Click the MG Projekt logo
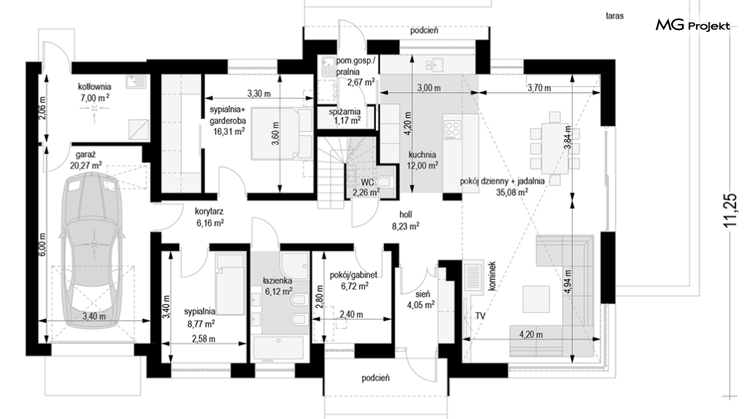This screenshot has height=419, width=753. [693, 26]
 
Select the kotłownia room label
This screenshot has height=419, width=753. [94, 87]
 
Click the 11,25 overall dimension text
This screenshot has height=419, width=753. [730, 209]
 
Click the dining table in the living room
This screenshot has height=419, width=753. [554, 149]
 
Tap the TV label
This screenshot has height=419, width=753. [480, 316]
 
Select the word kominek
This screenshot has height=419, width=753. [492, 276]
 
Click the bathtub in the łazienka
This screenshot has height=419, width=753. [278, 349]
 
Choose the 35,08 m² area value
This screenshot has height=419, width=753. [512, 192]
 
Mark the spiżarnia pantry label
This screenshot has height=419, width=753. [345, 111]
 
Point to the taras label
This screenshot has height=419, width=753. [614, 16]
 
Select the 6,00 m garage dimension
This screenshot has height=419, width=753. [42, 244]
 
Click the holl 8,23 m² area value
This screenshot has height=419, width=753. [406, 226]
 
